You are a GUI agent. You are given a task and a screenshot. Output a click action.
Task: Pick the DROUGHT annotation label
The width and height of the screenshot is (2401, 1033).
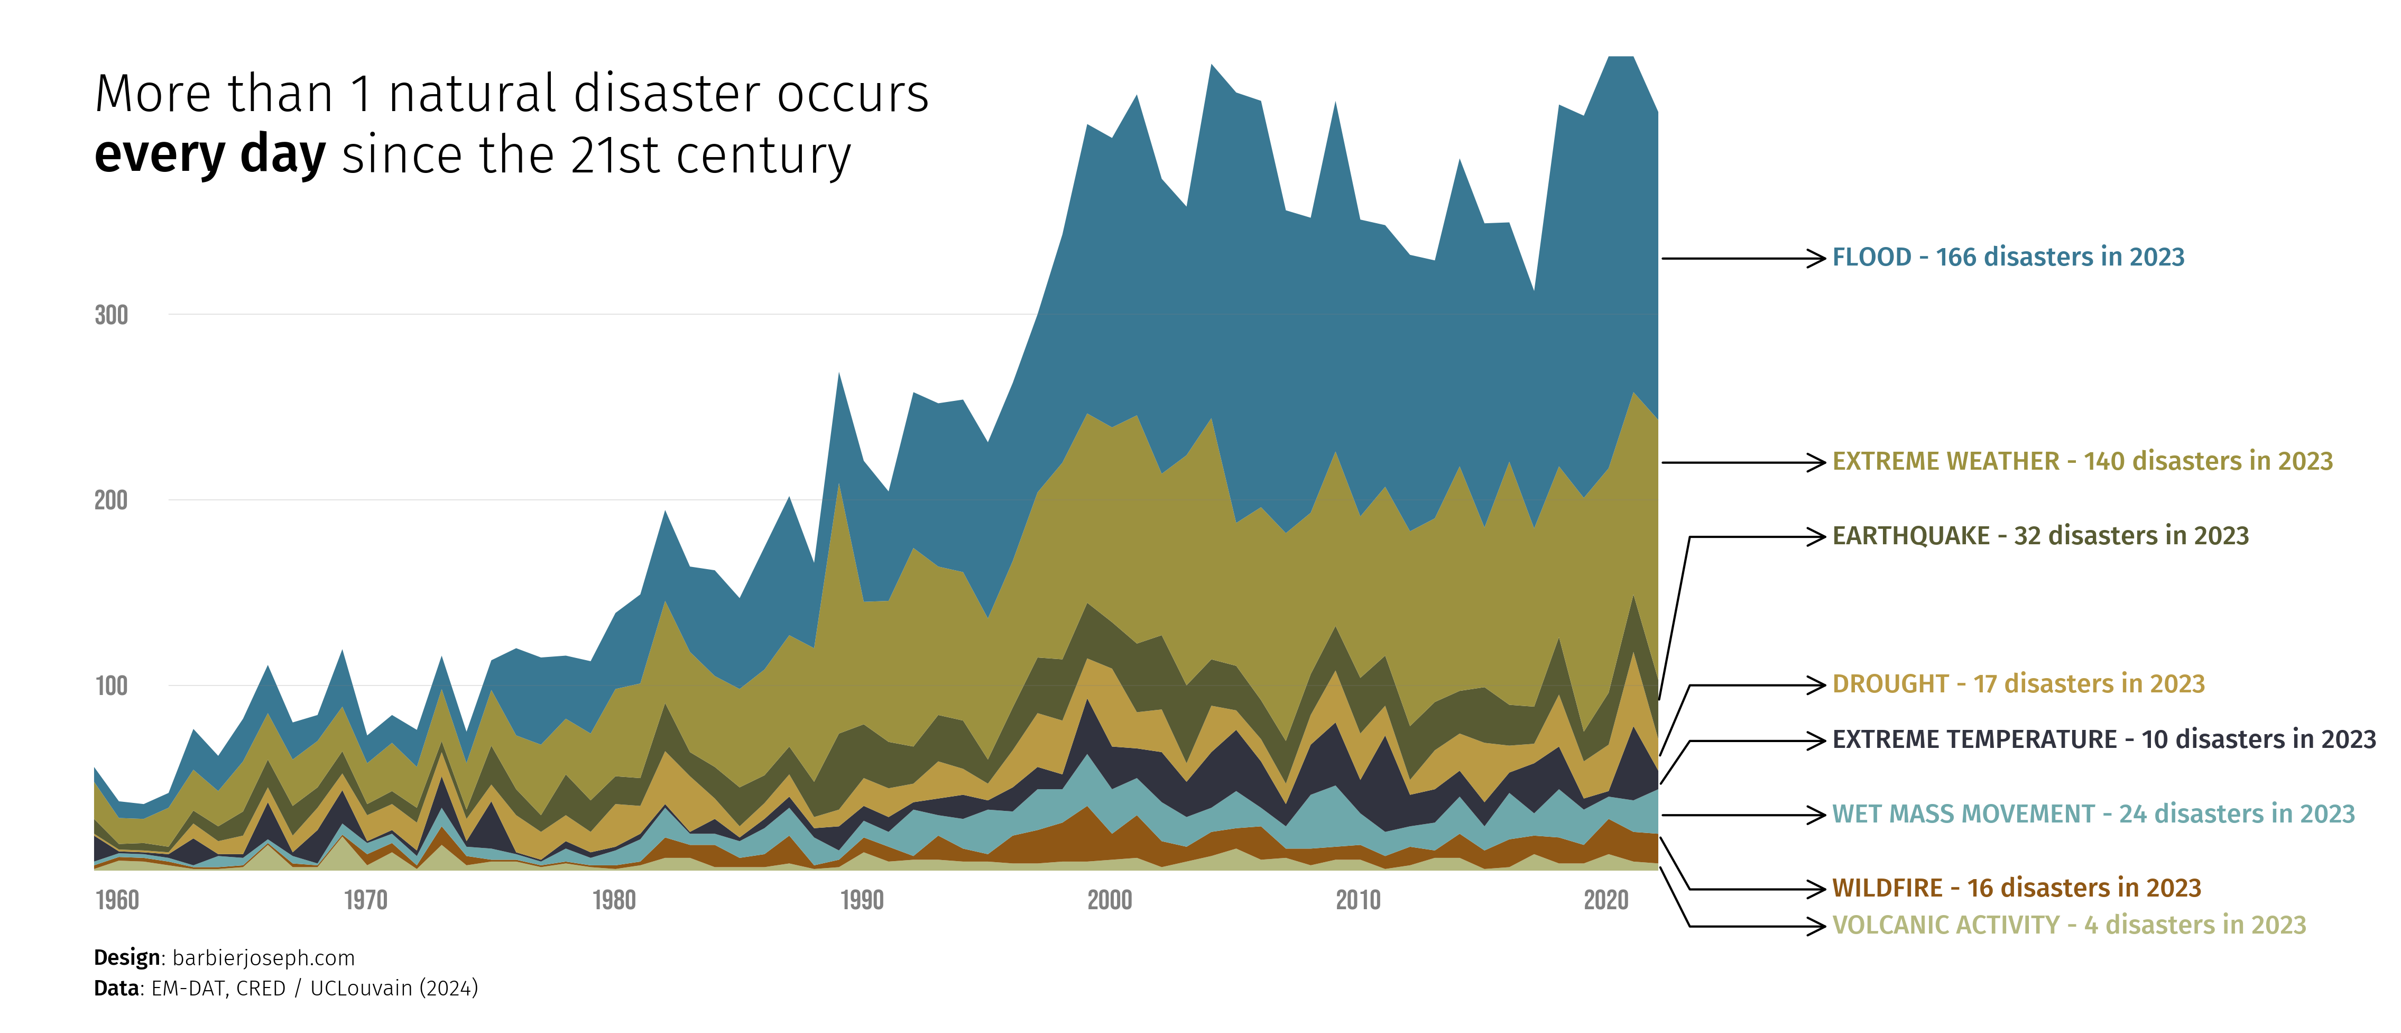2018,684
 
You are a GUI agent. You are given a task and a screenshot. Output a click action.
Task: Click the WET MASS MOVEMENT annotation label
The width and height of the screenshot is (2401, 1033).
2092,814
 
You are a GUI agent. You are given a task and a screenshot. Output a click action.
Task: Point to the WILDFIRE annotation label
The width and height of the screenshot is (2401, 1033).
2016,888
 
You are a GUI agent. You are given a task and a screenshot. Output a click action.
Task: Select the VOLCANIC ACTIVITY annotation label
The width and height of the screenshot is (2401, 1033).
2068,925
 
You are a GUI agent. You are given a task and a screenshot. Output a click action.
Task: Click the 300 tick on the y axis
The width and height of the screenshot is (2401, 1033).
111,315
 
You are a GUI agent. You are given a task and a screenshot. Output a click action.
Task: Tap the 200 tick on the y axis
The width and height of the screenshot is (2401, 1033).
111,501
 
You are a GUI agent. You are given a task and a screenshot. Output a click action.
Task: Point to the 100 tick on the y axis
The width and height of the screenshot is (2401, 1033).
111,686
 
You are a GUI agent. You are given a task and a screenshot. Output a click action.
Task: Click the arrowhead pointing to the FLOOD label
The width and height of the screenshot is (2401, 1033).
1816,258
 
